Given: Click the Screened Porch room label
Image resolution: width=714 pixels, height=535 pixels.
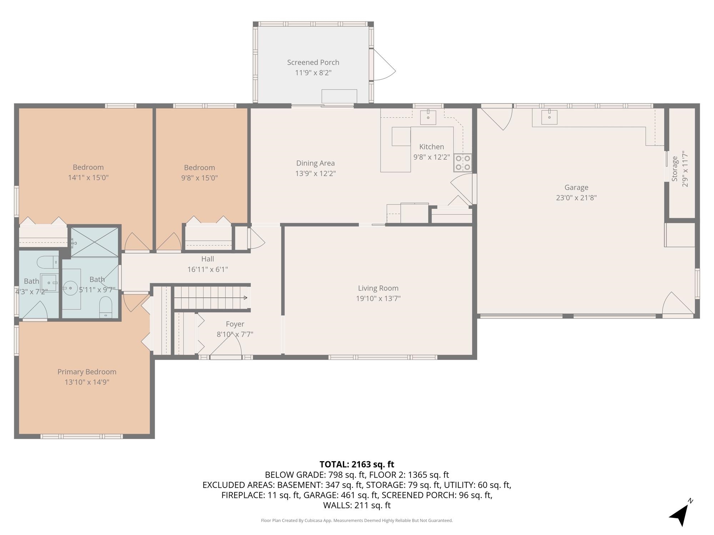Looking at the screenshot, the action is click(x=313, y=62).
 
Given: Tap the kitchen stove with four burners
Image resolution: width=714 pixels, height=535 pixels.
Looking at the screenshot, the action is click(x=463, y=163).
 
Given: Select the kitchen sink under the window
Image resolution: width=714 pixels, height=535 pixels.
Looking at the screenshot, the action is click(x=428, y=117).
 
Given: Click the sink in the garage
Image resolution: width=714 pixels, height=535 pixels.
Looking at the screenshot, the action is click(x=549, y=117).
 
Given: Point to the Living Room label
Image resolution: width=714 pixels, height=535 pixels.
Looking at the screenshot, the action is click(x=378, y=288).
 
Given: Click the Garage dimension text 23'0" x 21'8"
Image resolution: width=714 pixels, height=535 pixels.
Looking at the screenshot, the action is click(x=576, y=198).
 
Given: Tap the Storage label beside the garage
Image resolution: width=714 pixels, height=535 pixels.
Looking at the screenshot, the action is click(x=674, y=169).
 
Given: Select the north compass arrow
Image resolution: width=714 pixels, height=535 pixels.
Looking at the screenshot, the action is click(x=680, y=514).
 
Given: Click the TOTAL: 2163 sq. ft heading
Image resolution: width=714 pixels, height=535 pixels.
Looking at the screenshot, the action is click(x=357, y=464).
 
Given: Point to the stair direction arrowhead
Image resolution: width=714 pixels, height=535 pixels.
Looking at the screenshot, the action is click(x=246, y=298).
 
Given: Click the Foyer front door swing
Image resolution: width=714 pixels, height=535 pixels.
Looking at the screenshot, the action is click(x=226, y=346).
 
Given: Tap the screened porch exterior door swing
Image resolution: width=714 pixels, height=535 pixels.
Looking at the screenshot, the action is click(x=384, y=65).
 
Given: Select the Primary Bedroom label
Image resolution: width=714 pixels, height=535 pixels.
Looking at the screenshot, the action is click(x=87, y=372).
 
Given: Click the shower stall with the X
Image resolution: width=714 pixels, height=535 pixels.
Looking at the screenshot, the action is click(x=95, y=242).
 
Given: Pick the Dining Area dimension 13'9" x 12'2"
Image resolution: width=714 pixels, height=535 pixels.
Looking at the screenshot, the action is click(x=316, y=174).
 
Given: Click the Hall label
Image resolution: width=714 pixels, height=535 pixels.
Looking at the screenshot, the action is click(x=207, y=259).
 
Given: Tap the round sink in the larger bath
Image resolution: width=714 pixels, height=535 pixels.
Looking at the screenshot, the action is click(x=70, y=288).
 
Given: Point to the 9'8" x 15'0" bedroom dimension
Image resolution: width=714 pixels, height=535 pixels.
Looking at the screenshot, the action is click(x=199, y=178).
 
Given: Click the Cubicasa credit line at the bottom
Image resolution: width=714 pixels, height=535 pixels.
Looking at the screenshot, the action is click(x=357, y=520).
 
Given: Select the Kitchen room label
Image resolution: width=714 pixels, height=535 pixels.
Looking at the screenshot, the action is click(x=432, y=147).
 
